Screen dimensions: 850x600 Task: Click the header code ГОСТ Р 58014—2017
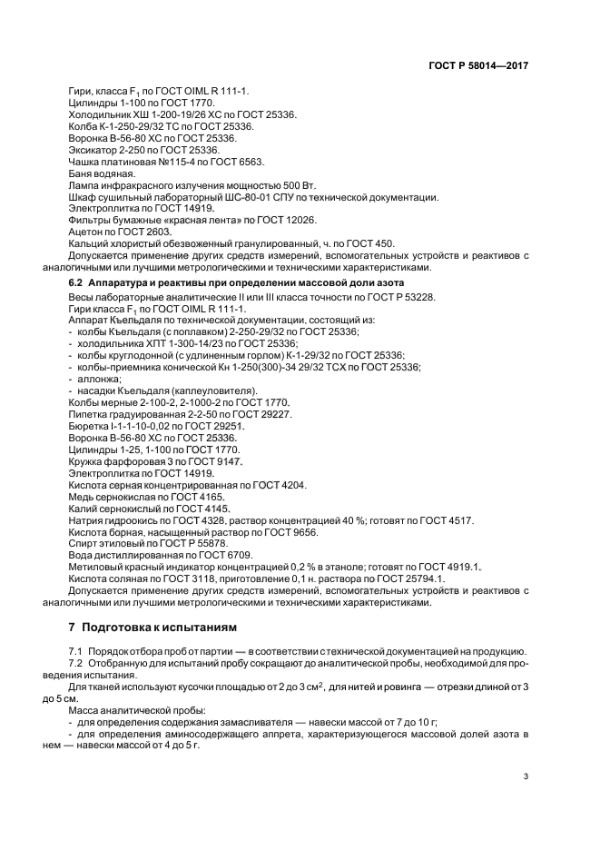click(x=477, y=66)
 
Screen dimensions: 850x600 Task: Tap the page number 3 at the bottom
click(x=526, y=776)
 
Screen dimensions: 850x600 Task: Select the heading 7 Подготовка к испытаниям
click(x=152, y=628)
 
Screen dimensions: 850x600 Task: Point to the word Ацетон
click(x=86, y=232)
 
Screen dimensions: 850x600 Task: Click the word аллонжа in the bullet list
click(x=99, y=379)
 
